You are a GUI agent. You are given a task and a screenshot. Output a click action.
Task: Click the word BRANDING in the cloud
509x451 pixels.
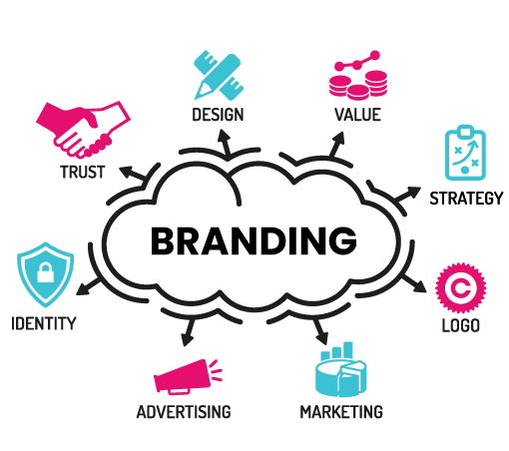coord(254,240)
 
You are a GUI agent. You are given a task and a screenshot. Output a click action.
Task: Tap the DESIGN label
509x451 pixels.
coord(218,115)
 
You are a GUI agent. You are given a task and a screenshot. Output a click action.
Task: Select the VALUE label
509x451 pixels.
coord(357,115)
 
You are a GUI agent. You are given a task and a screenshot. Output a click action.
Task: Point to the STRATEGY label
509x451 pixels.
coord(466,199)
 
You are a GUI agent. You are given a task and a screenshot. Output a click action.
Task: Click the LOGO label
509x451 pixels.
coord(461,325)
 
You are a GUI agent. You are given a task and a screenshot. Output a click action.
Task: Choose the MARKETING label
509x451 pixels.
coord(341,412)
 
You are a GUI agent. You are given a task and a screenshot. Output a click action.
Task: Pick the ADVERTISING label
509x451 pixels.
coord(184,412)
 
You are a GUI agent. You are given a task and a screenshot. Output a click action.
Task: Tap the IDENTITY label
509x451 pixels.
coord(44,323)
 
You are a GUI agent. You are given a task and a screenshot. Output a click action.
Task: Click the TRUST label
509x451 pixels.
coord(83,172)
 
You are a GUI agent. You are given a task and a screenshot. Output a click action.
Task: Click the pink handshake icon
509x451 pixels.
coord(83,130)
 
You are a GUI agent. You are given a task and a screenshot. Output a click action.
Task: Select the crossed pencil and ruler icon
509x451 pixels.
coord(219,75)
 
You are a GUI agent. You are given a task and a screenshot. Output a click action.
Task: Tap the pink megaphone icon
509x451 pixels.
coord(188,377)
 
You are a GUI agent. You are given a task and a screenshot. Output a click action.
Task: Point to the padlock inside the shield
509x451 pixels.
coord(45,272)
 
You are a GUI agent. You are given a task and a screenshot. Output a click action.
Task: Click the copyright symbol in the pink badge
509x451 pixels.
coord(461,288)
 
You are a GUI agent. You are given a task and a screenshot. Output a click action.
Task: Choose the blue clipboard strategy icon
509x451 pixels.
coord(465,153)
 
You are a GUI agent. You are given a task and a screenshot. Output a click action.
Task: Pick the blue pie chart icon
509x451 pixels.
coord(340,370)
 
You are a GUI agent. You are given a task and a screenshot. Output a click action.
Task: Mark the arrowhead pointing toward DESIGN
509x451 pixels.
coord(224,137)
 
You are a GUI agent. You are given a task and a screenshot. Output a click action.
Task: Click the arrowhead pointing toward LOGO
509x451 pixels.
coord(420,286)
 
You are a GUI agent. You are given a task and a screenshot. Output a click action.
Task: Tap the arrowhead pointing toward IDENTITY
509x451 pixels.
coord(83,289)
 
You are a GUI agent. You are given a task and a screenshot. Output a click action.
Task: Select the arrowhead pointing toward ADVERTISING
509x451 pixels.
coord(188,340)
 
